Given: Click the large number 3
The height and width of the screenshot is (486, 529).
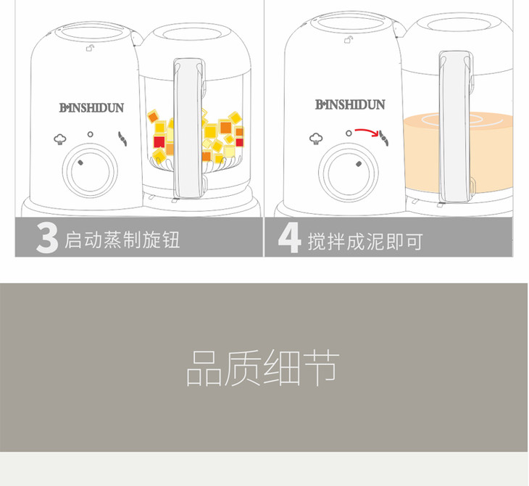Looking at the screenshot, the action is pos(47,238).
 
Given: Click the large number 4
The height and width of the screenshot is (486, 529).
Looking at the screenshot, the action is pos(289,237).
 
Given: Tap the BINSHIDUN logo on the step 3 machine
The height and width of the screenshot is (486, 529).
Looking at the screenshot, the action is pos(91,108).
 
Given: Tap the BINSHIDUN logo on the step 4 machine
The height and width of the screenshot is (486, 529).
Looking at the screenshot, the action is pos(350,104).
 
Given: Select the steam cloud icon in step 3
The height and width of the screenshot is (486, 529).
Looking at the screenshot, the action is pos(60,139).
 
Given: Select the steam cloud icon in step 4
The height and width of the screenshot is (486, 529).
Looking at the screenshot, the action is pos(316,138).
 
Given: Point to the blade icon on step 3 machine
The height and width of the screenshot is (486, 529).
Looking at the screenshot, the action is pos(122,139).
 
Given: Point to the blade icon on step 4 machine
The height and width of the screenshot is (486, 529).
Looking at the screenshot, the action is pos(383,138).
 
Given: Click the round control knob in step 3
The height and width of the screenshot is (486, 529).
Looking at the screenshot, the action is pos(90,171).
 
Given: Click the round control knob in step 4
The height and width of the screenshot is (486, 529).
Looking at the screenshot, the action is pos(349,173).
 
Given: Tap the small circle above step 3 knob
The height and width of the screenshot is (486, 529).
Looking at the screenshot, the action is pos(90,134).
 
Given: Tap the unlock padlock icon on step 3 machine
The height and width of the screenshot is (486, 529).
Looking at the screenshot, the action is pos(90,49).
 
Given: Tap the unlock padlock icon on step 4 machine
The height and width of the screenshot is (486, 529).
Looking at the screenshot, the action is pos(349,40).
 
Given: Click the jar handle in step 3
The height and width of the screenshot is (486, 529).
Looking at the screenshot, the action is pos(190,128).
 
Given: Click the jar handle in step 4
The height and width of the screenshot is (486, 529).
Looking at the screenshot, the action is pos(456,127).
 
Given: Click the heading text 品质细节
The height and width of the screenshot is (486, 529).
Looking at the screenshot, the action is pos(263,368).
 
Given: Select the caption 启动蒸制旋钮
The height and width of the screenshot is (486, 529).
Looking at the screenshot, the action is pos(122,240).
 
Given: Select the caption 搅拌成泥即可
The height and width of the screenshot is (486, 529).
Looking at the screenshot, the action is pos(365,241).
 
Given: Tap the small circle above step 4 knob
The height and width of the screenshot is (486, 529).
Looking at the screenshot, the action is pos(349,133).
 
